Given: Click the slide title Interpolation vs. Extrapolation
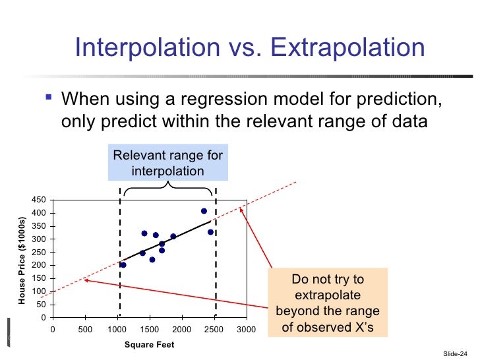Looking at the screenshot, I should click(250, 47).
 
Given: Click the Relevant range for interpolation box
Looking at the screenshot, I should click(168, 163).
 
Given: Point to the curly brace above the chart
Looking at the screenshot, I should click(168, 187).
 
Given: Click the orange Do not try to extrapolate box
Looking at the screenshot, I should click(328, 303).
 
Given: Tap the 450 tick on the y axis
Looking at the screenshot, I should click(39, 200).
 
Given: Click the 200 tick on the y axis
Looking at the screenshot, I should click(39, 265).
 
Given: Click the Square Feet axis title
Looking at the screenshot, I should click(150, 345).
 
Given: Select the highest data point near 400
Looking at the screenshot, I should click(204, 211).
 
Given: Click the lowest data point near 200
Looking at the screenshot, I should click(123, 265).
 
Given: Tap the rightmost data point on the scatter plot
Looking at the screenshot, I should click(210, 232).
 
